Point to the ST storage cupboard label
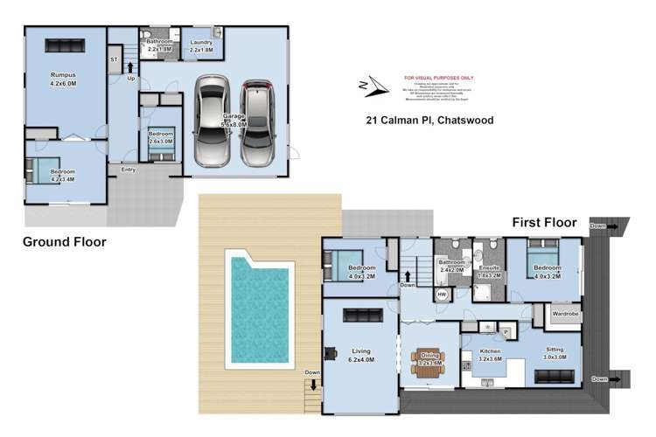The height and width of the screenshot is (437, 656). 114,59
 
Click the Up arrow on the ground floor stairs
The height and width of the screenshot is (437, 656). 130,66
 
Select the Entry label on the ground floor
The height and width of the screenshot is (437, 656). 129,170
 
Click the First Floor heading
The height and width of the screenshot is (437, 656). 542,223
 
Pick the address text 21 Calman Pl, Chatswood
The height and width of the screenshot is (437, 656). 422,121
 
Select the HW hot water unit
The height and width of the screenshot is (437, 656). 442,295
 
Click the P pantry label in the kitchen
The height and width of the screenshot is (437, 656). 506,333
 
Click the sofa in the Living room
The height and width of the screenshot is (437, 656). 359,316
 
